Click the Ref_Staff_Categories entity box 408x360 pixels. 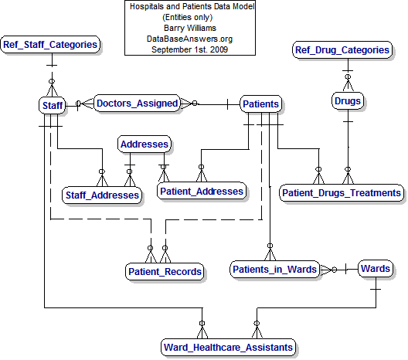(x=51, y=45)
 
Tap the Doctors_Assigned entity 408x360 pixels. (x=137, y=103)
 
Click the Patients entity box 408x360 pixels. (x=260, y=104)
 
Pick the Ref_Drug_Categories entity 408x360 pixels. (x=342, y=50)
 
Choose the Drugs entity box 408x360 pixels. (x=348, y=101)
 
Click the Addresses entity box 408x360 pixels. (x=144, y=144)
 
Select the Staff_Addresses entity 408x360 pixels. (x=102, y=195)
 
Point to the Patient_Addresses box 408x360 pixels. (x=201, y=191)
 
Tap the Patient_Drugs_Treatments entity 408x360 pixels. (x=341, y=192)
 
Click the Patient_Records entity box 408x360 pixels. (x=165, y=271)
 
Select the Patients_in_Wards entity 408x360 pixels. (x=275, y=269)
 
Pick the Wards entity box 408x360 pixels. (x=375, y=269)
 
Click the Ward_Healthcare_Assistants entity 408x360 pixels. (x=228, y=348)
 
